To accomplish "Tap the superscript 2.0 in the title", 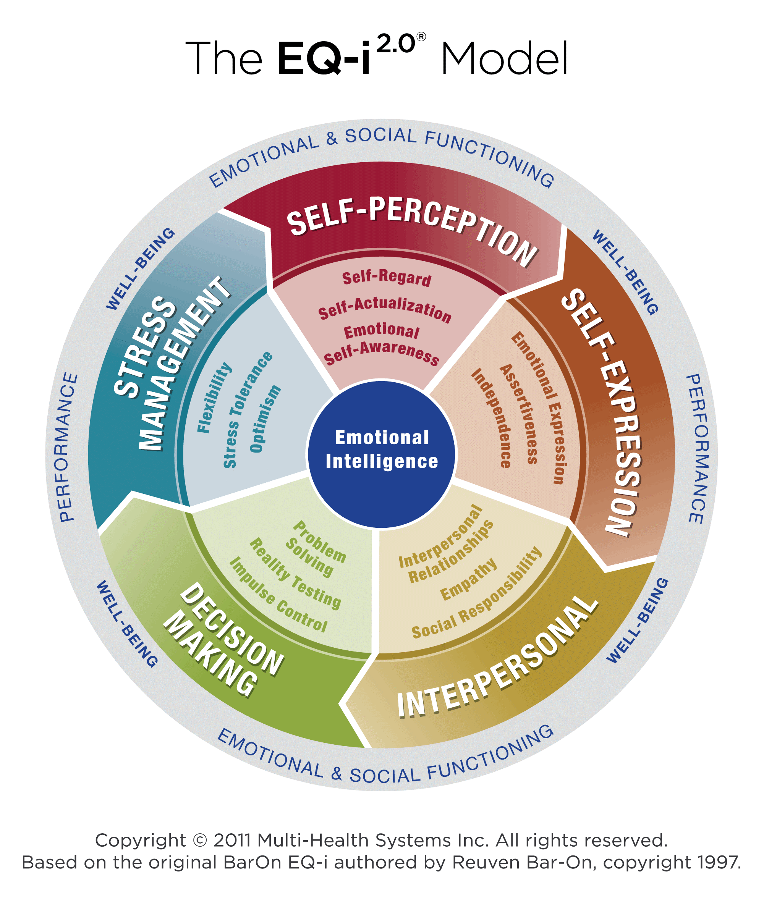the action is pos(396,45).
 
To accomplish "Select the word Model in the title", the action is pos(504,58).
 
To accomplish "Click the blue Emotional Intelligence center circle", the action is pos(382,454).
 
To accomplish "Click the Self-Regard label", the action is pos(387,278).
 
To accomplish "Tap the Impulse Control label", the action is pos(278,595).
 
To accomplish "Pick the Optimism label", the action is pos(265,419).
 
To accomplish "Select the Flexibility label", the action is pos(214,398).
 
